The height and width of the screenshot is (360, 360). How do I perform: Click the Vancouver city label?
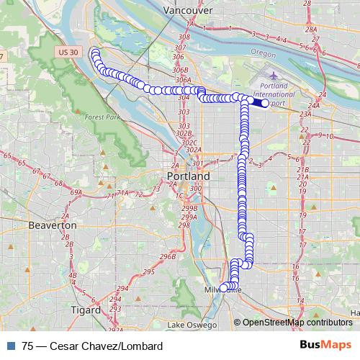(x=187, y=11)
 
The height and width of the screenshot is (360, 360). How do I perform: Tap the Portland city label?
(x=188, y=176)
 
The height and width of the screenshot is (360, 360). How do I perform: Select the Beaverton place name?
(x=52, y=225)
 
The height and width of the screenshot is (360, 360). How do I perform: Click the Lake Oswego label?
(x=191, y=325)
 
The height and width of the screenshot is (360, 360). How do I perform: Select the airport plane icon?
(x=274, y=75)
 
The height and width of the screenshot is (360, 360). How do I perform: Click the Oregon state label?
(x=264, y=53)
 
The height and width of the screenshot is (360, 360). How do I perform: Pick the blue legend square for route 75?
(x=8, y=346)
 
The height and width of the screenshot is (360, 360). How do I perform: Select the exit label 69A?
(x=76, y=193)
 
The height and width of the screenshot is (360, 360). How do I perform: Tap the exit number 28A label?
(x=311, y=31)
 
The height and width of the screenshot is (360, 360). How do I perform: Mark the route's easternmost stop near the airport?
(x=265, y=104)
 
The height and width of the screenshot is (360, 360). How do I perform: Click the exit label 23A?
(x=306, y=114)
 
